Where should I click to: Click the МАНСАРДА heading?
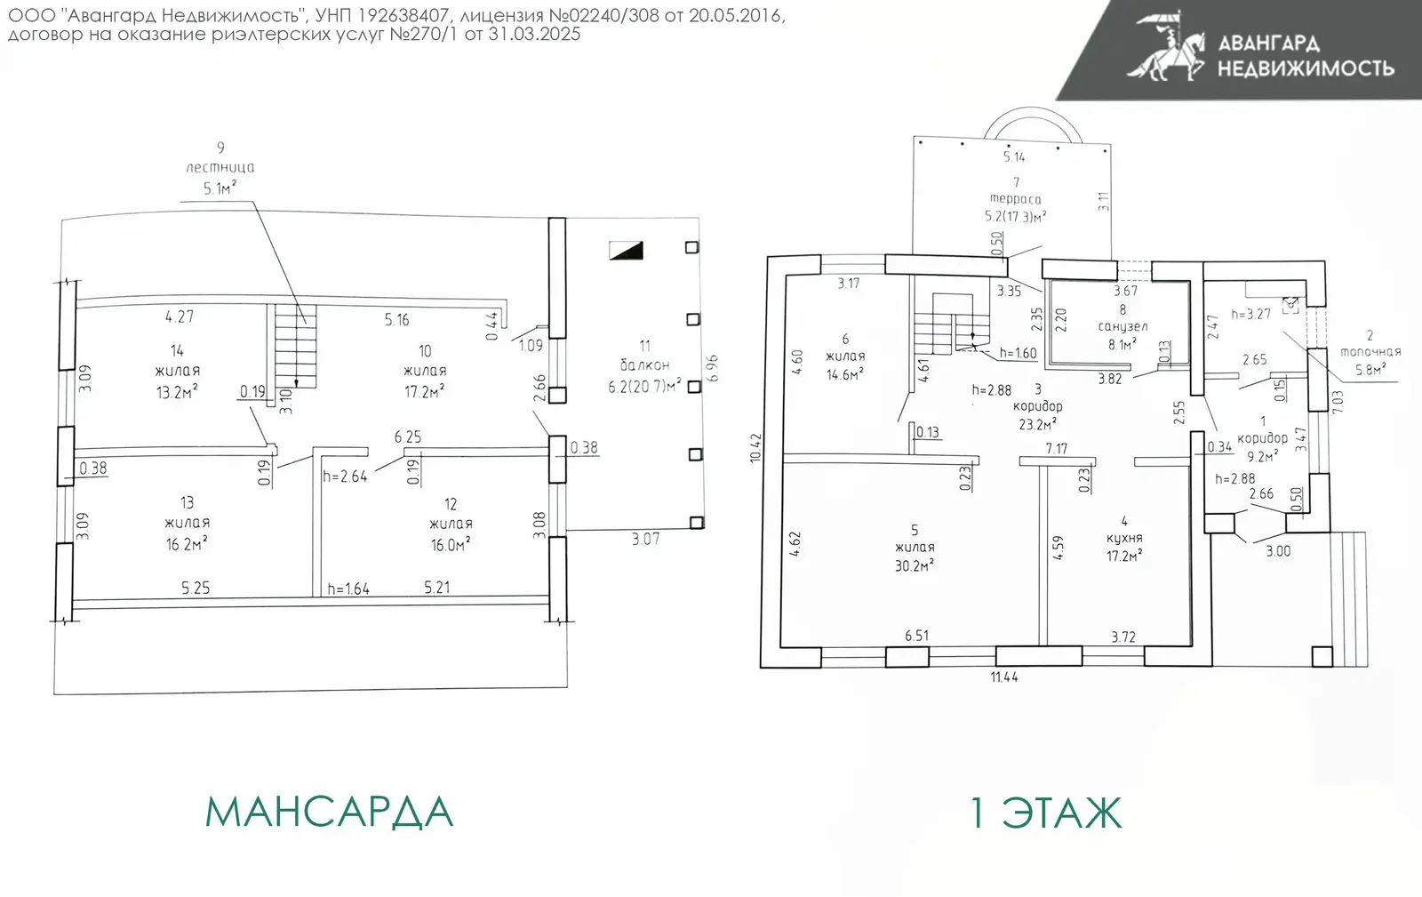point(329,812)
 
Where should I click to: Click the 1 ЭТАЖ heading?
point(1047,813)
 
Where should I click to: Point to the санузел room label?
point(1123,326)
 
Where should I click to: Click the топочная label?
point(1370,351)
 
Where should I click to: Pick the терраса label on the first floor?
point(1016,199)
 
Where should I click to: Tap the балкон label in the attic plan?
point(644,365)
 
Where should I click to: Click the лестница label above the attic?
point(220,168)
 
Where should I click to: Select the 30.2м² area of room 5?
point(915,565)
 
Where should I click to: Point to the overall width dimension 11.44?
point(1004,677)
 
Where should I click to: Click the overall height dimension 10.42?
point(755,447)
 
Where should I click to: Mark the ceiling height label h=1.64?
point(348,589)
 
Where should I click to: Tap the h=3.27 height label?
point(1250,314)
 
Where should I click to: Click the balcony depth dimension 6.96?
point(712,368)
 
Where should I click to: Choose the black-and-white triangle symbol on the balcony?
point(626,250)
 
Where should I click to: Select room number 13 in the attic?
point(187,503)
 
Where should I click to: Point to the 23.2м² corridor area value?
point(1038,423)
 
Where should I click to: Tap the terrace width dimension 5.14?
point(1014,156)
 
